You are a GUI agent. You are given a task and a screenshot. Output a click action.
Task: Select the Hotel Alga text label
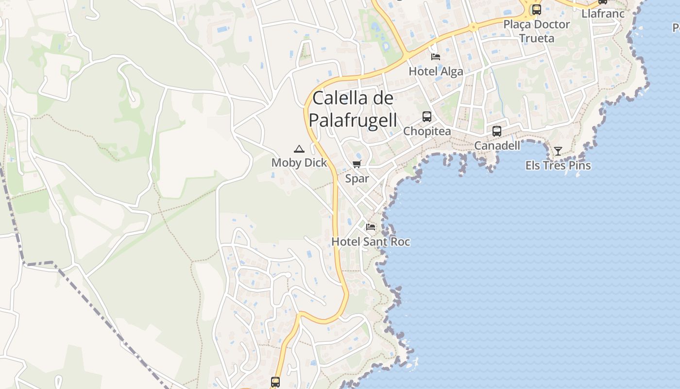pos(436,71)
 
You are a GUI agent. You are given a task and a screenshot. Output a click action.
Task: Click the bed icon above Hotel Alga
pos(436,57)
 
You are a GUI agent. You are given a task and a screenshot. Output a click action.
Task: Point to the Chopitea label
pos(427,131)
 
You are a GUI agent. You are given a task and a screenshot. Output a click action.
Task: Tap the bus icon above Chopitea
pos(427,117)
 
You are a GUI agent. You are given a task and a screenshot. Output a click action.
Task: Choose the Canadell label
pos(497,145)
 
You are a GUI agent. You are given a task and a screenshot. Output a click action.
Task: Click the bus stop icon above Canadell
pos(497,131)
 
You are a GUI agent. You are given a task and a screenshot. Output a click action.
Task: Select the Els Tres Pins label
pos(558,165)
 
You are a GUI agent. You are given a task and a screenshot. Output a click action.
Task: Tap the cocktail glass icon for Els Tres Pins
pos(558,151)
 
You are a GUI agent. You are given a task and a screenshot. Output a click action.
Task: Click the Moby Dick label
pos(299,163)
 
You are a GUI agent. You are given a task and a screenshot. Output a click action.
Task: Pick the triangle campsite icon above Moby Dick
pos(299,149)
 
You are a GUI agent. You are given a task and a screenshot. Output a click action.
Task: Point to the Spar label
pos(357,178)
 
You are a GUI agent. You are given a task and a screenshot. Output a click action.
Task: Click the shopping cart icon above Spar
pos(357,164)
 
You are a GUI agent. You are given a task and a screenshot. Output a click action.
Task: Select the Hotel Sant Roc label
pos(371,242)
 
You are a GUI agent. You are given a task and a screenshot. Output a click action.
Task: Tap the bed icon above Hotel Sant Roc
pos(371,227)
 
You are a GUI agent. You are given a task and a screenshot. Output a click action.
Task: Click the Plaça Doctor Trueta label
pos(537,31)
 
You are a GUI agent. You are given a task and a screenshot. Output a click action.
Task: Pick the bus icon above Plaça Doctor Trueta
pos(537,10)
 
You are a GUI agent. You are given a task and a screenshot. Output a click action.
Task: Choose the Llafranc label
pos(603,14)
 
